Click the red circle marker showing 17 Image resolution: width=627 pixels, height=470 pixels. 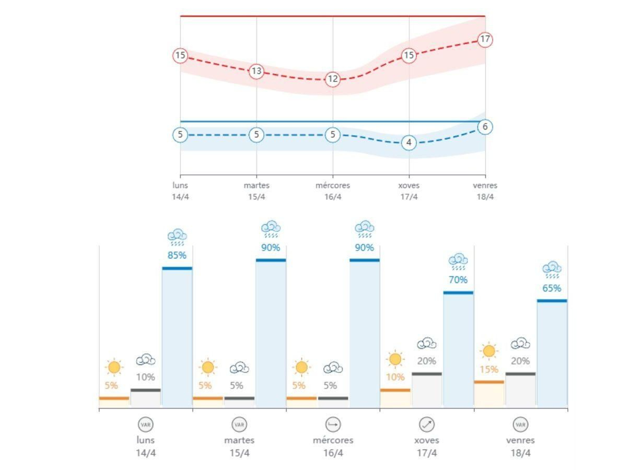(x=485, y=40)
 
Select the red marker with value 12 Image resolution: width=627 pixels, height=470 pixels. (x=333, y=79)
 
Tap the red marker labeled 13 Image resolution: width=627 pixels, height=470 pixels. (x=256, y=71)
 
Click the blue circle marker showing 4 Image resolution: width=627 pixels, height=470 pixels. (x=409, y=143)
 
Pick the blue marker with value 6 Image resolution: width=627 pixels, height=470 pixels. (x=485, y=127)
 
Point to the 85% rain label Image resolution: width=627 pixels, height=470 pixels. (x=177, y=255)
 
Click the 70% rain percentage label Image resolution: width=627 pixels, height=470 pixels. (x=458, y=280)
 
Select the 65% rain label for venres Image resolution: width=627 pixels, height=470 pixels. (x=552, y=288)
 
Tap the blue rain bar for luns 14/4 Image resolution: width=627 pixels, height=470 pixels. (x=177, y=337)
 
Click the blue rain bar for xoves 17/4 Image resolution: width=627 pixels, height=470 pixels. (x=458, y=349)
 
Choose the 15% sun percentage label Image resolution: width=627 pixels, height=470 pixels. (x=489, y=369)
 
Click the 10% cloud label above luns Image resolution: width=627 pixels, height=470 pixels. (x=145, y=377)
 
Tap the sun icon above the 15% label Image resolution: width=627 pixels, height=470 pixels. (x=489, y=351)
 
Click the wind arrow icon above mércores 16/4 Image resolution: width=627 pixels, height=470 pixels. (x=333, y=425)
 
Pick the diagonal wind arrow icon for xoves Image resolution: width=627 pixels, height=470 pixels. (x=427, y=425)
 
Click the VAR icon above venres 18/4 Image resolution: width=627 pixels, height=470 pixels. (x=520, y=425)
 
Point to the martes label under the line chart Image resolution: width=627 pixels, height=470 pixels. (x=256, y=185)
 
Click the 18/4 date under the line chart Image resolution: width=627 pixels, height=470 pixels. (x=485, y=197)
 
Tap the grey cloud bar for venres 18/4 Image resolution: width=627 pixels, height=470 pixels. (x=520, y=390)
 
